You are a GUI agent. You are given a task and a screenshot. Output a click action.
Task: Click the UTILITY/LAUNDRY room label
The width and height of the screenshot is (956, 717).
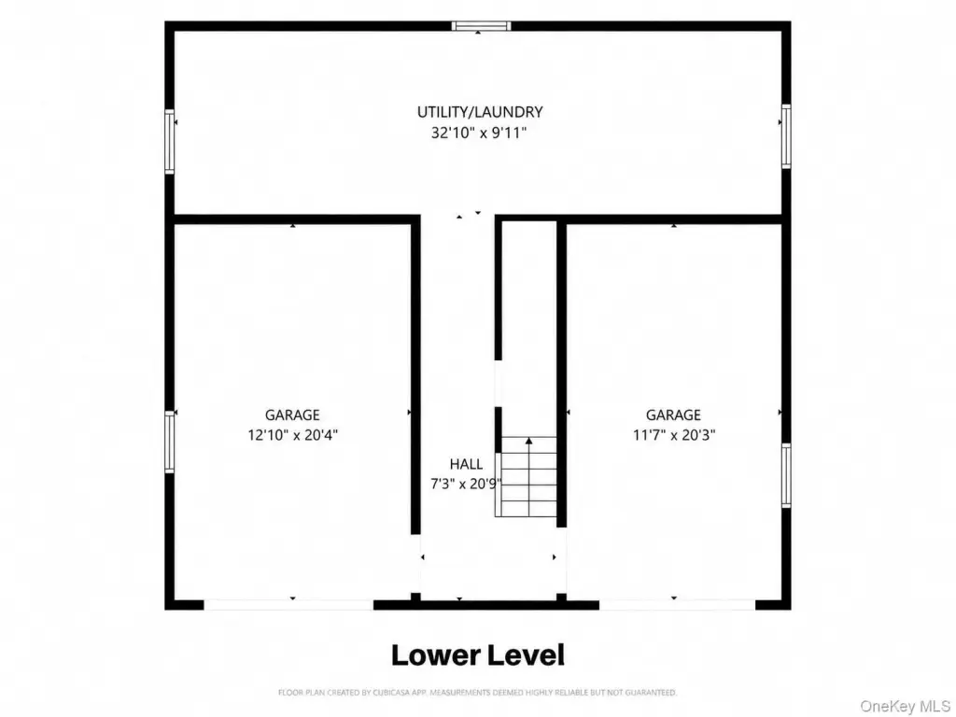tap(480, 112)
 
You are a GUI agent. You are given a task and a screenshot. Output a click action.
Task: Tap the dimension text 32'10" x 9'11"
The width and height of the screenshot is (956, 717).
tap(479, 133)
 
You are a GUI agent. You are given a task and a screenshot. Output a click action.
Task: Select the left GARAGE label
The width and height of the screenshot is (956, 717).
tap(292, 415)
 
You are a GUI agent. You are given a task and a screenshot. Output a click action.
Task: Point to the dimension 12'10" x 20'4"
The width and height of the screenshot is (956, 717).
tap(292, 435)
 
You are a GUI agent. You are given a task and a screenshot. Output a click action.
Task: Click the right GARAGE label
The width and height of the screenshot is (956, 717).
tap(673, 415)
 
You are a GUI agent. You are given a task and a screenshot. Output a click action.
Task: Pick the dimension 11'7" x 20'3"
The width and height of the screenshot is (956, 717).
tap(674, 435)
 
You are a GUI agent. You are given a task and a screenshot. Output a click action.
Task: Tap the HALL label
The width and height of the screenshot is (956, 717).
tap(467, 465)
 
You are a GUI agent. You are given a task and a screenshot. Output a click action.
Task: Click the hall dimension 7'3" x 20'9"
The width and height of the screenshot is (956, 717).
tap(467, 485)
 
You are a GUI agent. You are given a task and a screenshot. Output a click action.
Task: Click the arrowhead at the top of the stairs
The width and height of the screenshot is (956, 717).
tap(528, 441)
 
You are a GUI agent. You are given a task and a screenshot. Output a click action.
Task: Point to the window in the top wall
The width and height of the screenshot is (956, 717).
tap(481, 25)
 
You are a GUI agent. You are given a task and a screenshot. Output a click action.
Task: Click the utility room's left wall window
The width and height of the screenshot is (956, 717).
tap(170, 142)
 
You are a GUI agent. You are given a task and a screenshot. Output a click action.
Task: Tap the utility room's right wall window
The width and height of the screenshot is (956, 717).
tap(786, 136)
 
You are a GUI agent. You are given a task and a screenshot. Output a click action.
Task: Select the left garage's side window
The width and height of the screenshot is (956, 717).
tap(170, 442)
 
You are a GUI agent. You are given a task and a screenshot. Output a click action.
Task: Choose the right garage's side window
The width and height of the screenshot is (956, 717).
tap(786, 475)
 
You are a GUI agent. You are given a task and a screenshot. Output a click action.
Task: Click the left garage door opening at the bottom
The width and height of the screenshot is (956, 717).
tap(288, 605)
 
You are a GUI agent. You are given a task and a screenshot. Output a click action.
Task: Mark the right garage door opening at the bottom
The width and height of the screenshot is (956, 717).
tap(678, 605)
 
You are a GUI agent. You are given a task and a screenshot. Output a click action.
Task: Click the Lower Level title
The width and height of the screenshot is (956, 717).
tap(478, 655)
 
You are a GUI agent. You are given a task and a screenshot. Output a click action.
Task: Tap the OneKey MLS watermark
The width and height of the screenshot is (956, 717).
tap(905, 706)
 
